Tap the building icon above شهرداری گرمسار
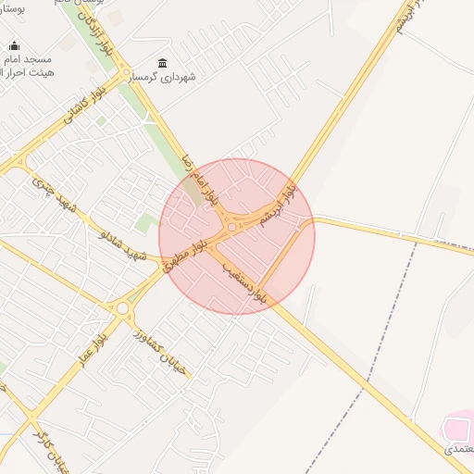click(163, 63)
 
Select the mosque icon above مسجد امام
click(14, 45)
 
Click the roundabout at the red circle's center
click(231, 226)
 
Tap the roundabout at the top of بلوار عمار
click(122, 308)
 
